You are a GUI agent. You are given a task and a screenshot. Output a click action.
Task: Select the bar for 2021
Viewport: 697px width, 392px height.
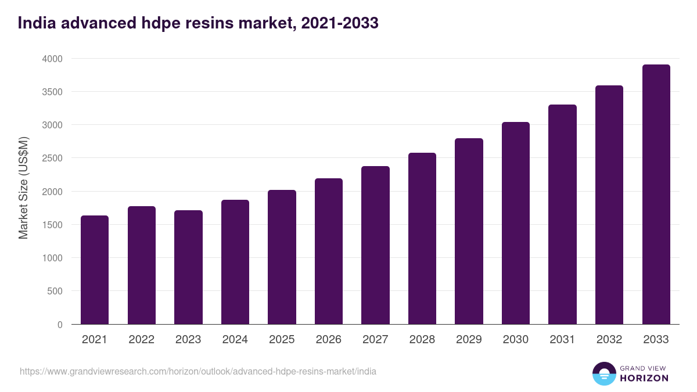(95, 270)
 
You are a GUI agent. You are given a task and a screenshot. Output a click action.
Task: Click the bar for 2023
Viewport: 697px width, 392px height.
(188, 267)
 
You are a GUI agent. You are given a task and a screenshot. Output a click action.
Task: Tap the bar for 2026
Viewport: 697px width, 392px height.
(329, 251)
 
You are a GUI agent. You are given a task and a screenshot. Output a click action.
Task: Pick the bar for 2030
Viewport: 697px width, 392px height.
(516, 223)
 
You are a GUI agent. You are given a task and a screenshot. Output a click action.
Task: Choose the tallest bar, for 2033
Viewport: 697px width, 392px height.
(656, 195)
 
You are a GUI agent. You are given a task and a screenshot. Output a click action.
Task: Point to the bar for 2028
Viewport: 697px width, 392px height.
(422, 239)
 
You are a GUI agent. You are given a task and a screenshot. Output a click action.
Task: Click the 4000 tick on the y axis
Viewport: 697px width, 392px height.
(52, 59)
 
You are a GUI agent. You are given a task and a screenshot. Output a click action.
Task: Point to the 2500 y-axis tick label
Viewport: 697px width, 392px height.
(52, 158)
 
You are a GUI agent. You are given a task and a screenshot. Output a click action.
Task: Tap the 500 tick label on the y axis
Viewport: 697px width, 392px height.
(55, 291)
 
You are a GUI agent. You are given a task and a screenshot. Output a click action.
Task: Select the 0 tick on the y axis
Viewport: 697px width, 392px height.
(60, 325)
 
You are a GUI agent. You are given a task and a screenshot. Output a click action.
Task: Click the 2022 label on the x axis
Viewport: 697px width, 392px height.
(141, 340)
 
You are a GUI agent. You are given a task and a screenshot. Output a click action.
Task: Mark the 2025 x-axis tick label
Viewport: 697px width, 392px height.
(282, 340)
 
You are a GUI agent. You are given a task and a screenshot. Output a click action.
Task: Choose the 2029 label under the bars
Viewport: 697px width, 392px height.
(469, 340)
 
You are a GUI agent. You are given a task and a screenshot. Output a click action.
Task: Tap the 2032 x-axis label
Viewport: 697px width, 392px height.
(609, 340)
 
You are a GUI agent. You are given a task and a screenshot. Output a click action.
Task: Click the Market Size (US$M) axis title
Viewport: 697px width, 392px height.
(23, 188)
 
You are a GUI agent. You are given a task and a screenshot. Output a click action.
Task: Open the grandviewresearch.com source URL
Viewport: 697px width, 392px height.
(197, 371)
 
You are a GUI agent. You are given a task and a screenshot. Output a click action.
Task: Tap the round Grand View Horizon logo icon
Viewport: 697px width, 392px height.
(604, 373)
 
